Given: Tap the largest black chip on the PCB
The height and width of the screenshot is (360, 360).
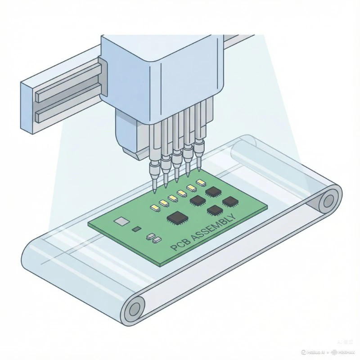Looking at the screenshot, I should [x=176, y=218].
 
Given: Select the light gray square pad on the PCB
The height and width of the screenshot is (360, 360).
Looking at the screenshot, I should [x=121, y=221].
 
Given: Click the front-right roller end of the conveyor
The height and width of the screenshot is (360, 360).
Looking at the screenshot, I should [x=134, y=310].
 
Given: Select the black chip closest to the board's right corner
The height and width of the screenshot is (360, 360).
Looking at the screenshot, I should [x=230, y=201].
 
